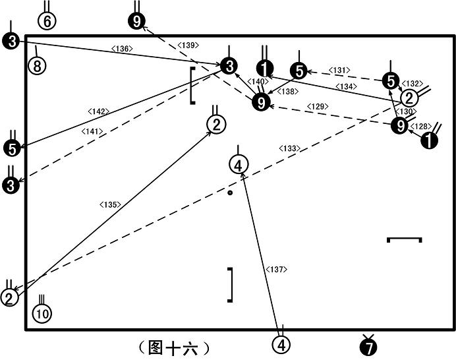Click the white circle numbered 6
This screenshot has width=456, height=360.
pyautogui.click(x=47, y=21)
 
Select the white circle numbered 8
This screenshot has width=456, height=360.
pyautogui.click(x=37, y=66)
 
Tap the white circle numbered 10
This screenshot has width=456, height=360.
pyautogui.click(x=42, y=314)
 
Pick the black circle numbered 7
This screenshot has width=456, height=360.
pyautogui.click(x=368, y=347)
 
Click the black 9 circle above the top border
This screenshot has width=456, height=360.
pyautogui.click(x=136, y=21)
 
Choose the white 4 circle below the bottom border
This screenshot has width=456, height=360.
pyautogui.click(x=281, y=345)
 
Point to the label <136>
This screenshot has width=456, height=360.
pyautogui.click(x=122, y=49)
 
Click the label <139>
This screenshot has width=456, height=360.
pyautogui.click(x=188, y=45)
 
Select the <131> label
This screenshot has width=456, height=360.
pyautogui.click(x=339, y=70)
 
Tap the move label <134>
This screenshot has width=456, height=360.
pyautogui.click(x=346, y=86)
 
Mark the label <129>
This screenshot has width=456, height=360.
pyautogui.click(x=318, y=107)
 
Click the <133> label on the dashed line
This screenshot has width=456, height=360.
pyautogui.click(x=289, y=148)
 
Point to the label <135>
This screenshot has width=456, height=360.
pyautogui.click(x=110, y=204)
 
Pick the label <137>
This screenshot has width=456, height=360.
pyautogui.click(x=276, y=270)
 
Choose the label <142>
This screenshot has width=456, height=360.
pyautogui.click(x=98, y=111)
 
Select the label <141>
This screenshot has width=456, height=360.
pyautogui.click(x=92, y=132)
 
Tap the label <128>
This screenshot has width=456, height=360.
pyautogui.click(x=421, y=127)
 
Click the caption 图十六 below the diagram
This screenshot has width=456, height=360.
pyautogui.click(x=174, y=347)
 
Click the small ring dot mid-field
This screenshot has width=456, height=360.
pyautogui.click(x=230, y=193)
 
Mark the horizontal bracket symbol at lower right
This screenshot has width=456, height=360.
pyautogui.click(x=404, y=239)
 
